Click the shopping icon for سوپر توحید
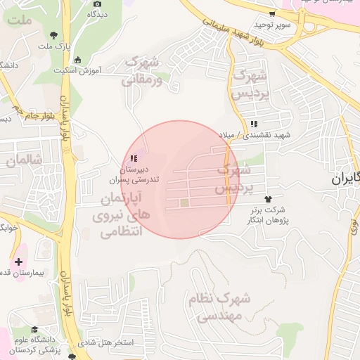click(272, 13)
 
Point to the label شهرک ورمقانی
click(142, 71)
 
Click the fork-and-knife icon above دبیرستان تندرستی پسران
click(134, 158)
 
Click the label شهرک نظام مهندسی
click(219, 307)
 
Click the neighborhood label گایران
click(346, 179)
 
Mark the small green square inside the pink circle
click(184, 203)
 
